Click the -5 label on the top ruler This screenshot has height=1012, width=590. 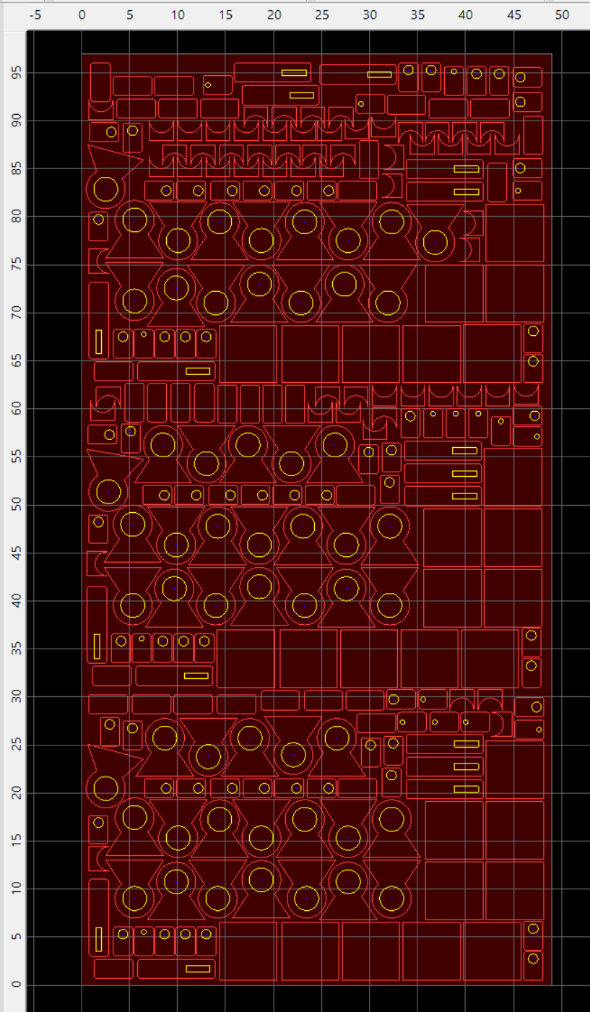click(34, 15)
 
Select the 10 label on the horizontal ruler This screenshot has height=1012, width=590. click(178, 15)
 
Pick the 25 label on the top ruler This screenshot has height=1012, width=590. click(322, 15)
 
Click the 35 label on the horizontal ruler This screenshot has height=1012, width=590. click(418, 15)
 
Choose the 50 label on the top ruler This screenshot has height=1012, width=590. click(562, 15)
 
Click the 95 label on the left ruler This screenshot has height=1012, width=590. click(15, 72)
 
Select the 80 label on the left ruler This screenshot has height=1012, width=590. click(15, 217)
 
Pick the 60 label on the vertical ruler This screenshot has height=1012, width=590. click(15, 409)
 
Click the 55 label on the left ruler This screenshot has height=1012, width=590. click(15, 457)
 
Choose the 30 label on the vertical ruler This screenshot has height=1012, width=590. click(15, 697)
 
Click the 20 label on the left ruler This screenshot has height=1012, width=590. click(15, 793)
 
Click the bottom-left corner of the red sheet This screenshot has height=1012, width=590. click(82, 985)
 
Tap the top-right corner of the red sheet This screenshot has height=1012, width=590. click(552, 53)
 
